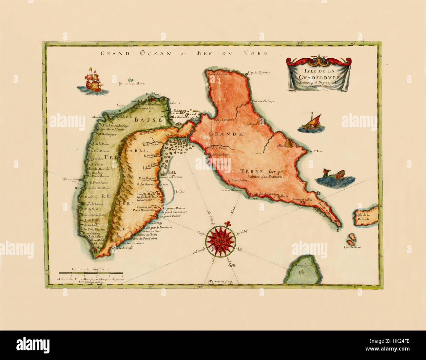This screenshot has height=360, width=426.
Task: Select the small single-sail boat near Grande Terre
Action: (313, 122)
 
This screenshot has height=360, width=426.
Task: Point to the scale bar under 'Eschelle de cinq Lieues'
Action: (91, 273)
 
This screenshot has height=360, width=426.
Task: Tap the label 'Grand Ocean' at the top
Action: (136, 53)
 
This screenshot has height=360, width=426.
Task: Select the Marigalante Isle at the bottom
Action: (302, 271)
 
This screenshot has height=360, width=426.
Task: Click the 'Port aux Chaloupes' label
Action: (263, 101)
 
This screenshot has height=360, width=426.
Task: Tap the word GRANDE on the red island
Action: (226, 134)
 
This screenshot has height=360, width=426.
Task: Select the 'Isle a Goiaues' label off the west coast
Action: (70, 180)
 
